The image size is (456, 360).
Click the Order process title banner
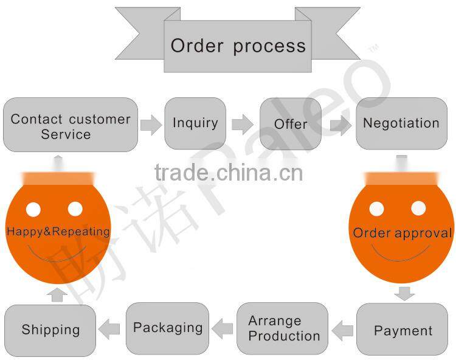[238, 46]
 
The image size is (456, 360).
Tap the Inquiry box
[195, 123]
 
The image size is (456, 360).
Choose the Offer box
[291, 124]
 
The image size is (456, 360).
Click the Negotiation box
[401, 123]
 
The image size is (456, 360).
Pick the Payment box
[402, 330]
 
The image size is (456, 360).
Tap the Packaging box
[168, 328]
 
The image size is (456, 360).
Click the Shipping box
[50, 330]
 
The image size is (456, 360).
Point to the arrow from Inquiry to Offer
[243, 125]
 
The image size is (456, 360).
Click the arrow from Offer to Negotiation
[341, 125]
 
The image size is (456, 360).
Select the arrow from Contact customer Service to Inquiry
[151, 125]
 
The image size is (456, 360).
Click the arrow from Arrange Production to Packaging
[223, 329]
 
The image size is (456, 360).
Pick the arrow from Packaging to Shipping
[109, 330]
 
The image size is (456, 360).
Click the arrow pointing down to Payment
[404, 293]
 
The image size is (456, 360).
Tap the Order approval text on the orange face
[402, 234]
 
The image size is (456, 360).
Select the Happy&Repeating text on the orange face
[58, 232]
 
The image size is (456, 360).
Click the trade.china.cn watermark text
[228, 174]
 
